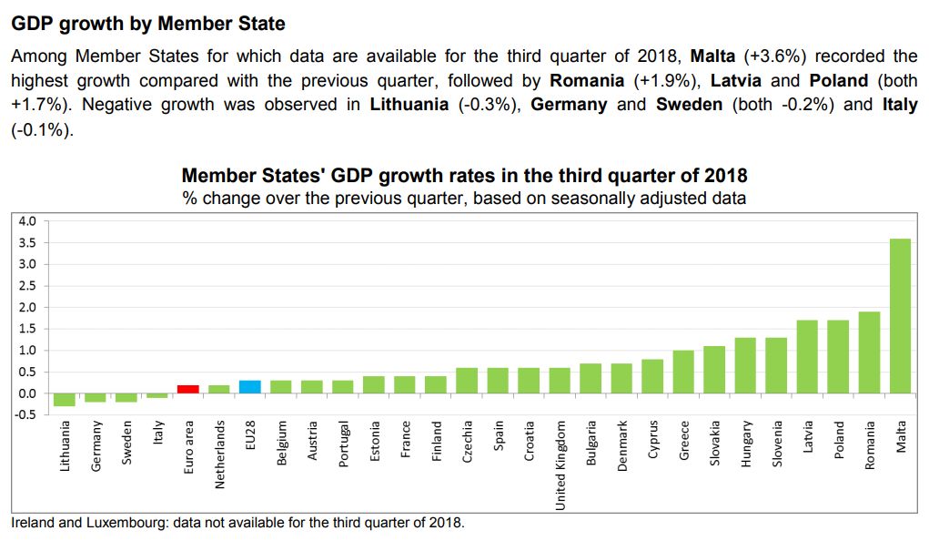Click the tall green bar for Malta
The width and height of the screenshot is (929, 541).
click(x=900, y=315)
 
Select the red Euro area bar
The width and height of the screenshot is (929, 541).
click(x=188, y=389)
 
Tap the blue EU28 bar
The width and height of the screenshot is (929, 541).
click(x=250, y=387)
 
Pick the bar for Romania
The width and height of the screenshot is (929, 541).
click(x=869, y=352)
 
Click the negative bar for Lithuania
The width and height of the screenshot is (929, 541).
click(x=65, y=400)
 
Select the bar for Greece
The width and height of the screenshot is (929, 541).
click(x=683, y=372)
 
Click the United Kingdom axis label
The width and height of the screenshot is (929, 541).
click(x=560, y=465)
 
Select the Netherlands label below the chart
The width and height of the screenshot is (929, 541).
click(x=219, y=454)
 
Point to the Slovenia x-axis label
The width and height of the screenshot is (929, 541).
click(x=777, y=444)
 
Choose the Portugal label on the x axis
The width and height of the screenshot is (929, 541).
click(x=343, y=444)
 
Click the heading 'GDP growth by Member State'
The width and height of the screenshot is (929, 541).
click(x=148, y=24)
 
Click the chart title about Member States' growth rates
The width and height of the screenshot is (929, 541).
click(x=464, y=175)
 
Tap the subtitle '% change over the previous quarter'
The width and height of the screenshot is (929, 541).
click(x=464, y=198)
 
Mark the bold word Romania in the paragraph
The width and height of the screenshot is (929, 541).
click(x=587, y=80)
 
